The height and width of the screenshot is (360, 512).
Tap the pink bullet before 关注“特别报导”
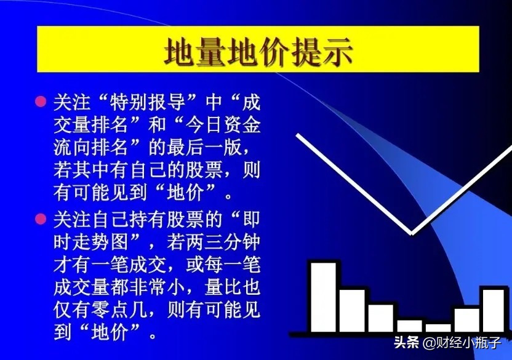41,102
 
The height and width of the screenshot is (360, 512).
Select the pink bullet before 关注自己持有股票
41,218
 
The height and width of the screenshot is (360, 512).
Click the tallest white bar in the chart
323,297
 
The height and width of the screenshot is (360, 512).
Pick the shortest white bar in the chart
438,328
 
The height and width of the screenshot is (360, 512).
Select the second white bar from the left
352,311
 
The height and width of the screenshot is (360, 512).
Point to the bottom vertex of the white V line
411,233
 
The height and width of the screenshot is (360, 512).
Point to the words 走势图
100,242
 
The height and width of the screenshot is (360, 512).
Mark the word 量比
223,287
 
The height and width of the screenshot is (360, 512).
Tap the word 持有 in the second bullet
148,219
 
